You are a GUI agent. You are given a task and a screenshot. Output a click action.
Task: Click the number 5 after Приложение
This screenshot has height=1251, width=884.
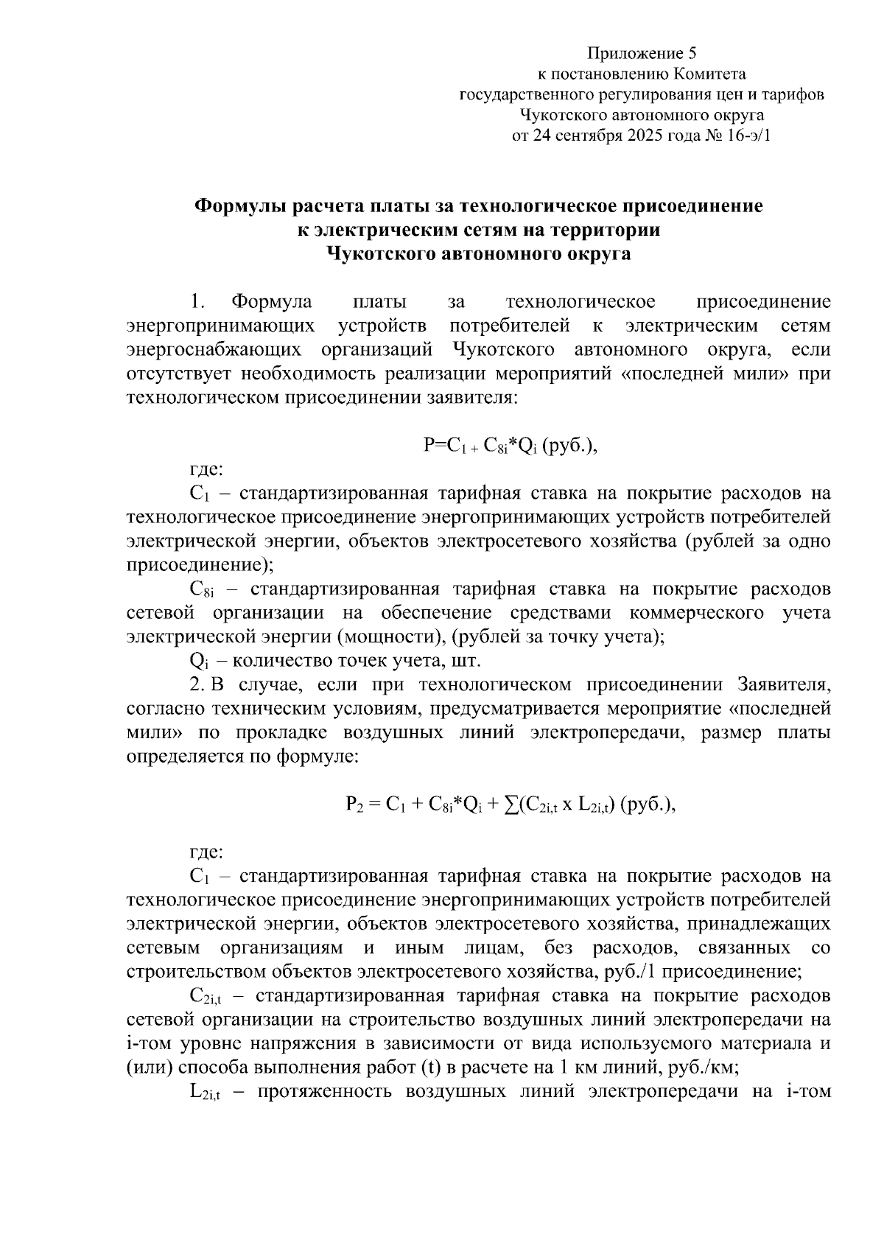tap(692, 53)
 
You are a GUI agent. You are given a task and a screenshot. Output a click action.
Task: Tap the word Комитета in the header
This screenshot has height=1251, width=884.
tap(709, 74)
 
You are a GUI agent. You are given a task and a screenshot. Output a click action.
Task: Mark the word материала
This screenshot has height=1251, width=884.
tap(766, 1044)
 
